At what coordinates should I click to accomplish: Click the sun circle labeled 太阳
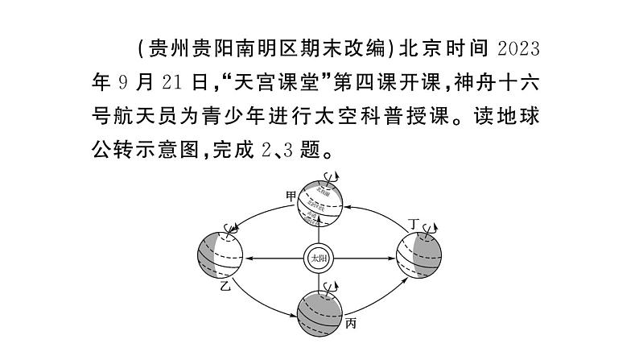tap(319, 259)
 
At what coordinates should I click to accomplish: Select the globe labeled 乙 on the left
tap(220, 257)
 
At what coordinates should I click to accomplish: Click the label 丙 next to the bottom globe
tap(350, 324)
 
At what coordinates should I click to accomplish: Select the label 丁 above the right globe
tap(413, 223)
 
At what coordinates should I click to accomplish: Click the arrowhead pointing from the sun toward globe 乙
tap(251, 259)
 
